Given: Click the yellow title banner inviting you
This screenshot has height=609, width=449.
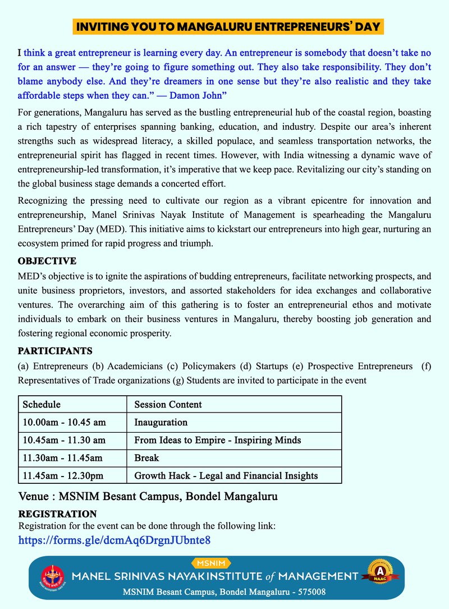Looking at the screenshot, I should tap(228, 26).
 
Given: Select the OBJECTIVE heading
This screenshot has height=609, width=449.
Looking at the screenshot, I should tap(47, 262).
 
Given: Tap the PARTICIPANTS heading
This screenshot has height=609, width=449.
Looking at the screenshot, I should tap(55, 351).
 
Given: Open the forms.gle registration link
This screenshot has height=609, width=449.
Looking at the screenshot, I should tap(114, 541).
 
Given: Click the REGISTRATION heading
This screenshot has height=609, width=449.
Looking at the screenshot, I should tap(57, 514).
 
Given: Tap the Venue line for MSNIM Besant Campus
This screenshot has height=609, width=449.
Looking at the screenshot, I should tap(148, 497).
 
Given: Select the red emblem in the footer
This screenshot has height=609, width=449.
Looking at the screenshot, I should tap(54, 577).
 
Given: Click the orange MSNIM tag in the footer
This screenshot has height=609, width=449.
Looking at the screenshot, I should tap(210, 563).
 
